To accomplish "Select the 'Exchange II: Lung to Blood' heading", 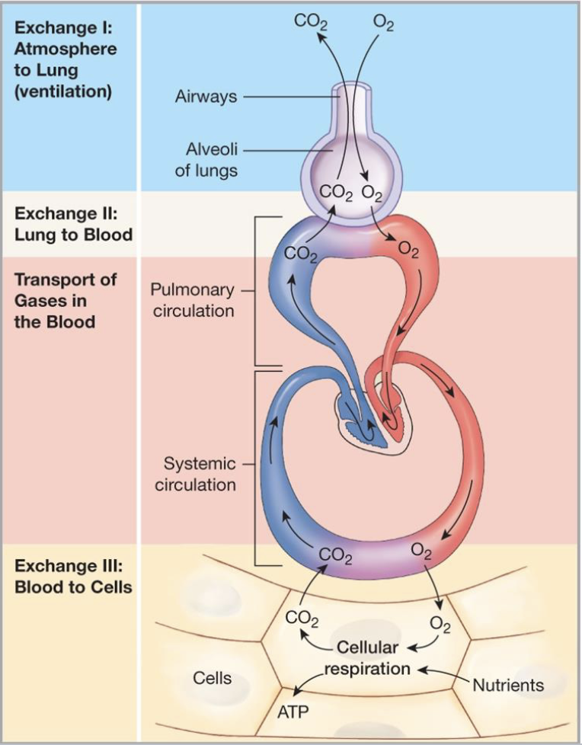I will [73, 224].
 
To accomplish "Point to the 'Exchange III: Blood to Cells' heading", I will [73, 577].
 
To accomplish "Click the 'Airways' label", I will [206, 98].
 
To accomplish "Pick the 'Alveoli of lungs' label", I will [207, 160].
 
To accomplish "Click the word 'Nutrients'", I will [508, 685].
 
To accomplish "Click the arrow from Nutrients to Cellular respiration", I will [442, 673].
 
